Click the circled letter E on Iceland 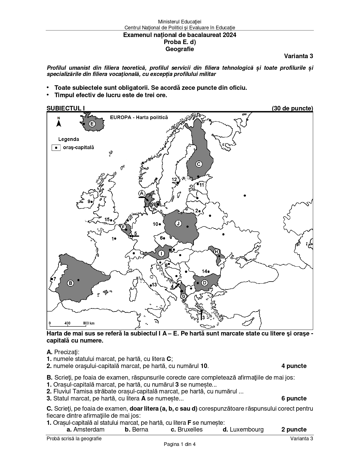pos(92,124)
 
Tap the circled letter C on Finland pos(198,164)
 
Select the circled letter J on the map pos(178,224)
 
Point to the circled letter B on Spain pos(71,283)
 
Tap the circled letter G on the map pos(184,296)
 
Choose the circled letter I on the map pos(161,254)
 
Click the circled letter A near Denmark pos(142,193)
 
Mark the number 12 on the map pos(174,180)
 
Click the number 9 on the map pos(89,201)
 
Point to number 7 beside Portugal pos(55,279)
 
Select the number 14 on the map pos(204,271)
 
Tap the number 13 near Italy pos(154,285)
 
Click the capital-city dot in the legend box pos(56,147)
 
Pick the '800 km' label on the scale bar pos(89,323)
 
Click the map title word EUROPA pos(119,117)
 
